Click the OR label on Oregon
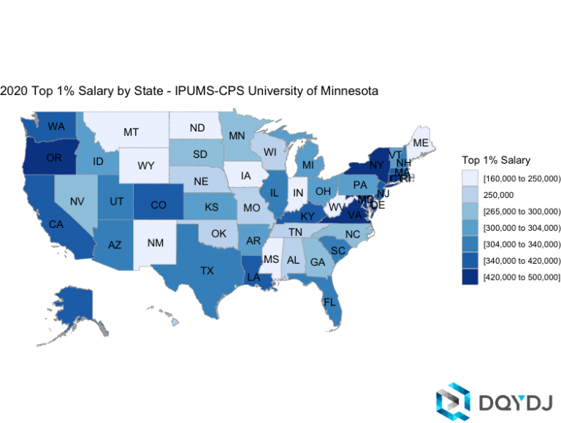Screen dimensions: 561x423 coord(54,158)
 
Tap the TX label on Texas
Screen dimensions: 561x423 coord(207,270)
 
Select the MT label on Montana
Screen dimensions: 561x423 coord(131,132)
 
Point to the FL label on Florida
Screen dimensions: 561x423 coord(330,302)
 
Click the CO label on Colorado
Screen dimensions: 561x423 coord(159,205)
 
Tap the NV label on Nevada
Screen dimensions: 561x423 coord(77,201)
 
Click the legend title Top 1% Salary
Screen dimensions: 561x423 coord(496,160)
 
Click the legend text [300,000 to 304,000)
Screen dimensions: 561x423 coord(522,228)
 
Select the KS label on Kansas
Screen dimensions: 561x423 coord(211,207)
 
